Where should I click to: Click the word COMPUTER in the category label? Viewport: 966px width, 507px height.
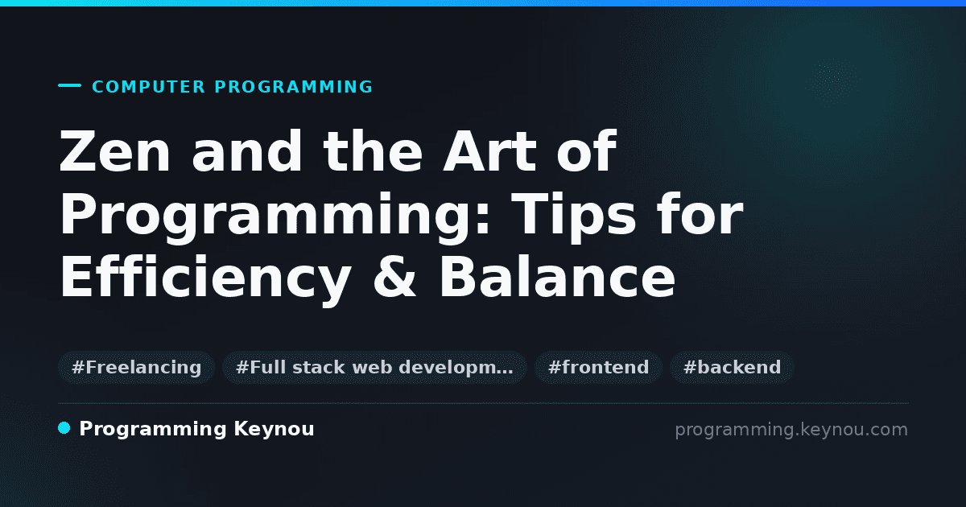tap(148, 87)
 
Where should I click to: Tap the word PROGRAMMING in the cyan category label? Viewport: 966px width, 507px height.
tap(293, 87)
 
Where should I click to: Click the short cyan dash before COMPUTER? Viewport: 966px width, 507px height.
tap(69, 85)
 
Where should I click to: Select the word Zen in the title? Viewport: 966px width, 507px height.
tap(114, 151)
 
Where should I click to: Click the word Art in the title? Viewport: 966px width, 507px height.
tap(489, 151)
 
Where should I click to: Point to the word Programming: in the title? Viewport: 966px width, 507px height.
tap(275, 216)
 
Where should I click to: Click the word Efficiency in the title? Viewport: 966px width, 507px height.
tap(205, 278)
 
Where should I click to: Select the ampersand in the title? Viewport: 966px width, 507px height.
tap(394, 277)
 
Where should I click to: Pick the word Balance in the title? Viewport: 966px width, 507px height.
tap(557, 277)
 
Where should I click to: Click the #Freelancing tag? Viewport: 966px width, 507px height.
tap(136, 367)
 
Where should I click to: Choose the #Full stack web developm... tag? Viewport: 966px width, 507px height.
tap(374, 367)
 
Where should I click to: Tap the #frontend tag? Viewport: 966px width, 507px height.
tap(598, 367)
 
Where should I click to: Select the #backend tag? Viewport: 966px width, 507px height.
tap(732, 367)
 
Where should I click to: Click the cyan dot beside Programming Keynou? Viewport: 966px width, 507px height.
tap(64, 428)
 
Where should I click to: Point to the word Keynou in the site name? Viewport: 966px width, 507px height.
tap(274, 430)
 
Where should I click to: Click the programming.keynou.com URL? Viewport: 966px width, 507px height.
tap(791, 430)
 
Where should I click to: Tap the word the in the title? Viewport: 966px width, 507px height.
tap(373, 151)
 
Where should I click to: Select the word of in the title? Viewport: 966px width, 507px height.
tap(587, 151)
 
